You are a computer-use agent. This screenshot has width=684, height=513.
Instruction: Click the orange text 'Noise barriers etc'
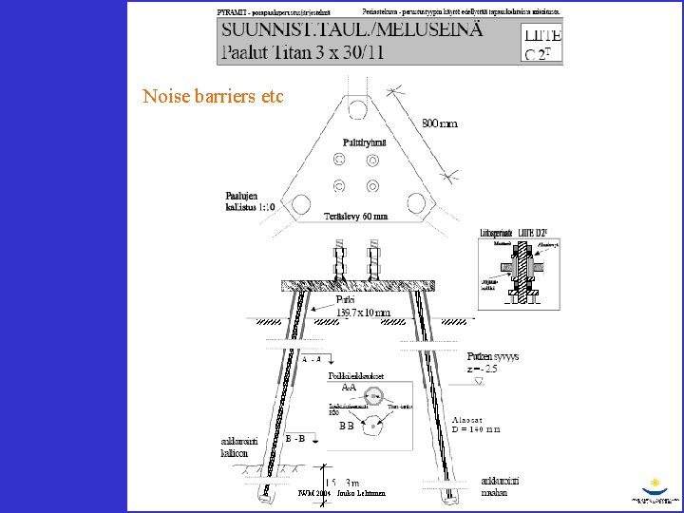213,96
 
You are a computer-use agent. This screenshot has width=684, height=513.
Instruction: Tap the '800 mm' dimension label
440,123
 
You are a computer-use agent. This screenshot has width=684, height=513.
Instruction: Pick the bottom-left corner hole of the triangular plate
302,203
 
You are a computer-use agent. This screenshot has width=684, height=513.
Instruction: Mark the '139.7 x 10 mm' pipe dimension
363,313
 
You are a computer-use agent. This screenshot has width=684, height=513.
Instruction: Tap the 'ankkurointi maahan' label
500,485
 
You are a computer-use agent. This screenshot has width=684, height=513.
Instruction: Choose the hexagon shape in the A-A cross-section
373,397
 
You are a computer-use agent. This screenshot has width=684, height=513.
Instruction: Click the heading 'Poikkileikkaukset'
355,375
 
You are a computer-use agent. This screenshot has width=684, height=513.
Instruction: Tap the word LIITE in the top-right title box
542,35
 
